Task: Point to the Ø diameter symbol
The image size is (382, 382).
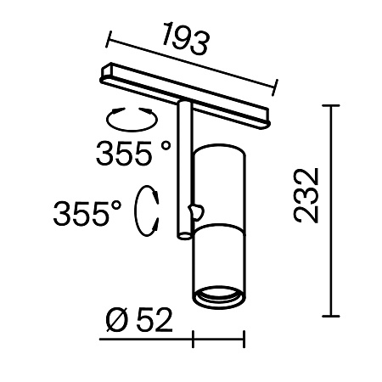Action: [x=118, y=320]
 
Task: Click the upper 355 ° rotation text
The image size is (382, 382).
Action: [x=133, y=155]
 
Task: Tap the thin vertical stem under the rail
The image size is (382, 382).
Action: [x=185, y=170]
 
